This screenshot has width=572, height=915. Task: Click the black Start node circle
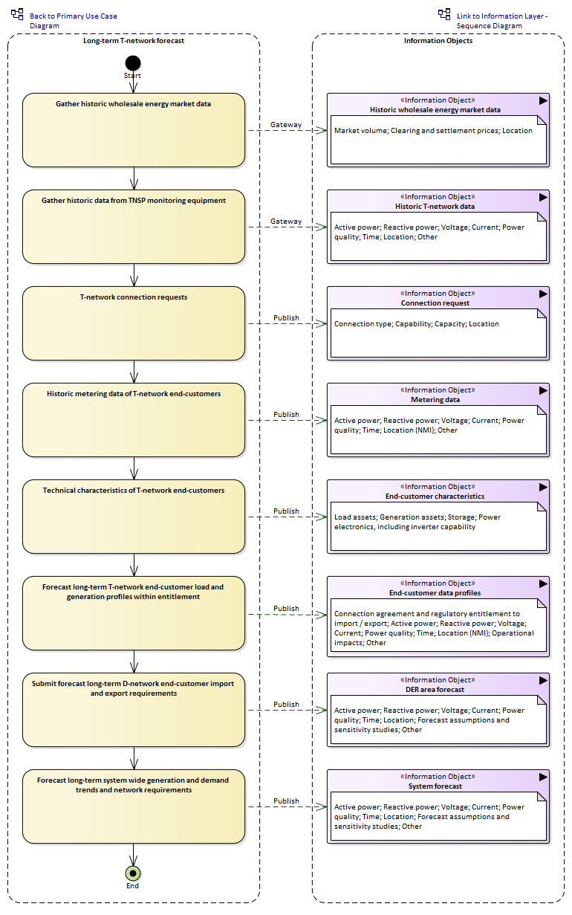pyautogui.click(x=133, y=63)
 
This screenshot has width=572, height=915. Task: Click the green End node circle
pyautogui.click(x=133, y=873)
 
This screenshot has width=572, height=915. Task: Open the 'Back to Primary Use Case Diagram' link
pyautogui.click(x=73, y=21)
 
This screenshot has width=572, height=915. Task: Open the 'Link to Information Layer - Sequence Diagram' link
pyautogui.click(x=501, y=21)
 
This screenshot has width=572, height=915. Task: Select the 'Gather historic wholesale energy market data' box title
pyautogui.click(x=133, y=104)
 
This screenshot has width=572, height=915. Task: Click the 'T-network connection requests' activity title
pyautogui.click(x=134, y=297)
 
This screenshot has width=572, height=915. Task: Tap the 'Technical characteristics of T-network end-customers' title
pyautogui.click(x=134, y=490)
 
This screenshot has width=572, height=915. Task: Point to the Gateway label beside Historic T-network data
pyautogui.click(x=286, y=222)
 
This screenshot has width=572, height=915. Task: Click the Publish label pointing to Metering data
pyautogui.click(x=286, y=415)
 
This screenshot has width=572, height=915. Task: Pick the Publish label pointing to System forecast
pyautogui.click(x=286, y=801)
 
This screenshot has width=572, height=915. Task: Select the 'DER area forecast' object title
pyautogui.click(x=435, y=690)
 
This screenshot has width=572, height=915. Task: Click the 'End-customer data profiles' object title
pyautogui.click(x=435, y=592)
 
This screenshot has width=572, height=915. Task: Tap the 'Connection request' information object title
pyautogui.click(x=435, y=303)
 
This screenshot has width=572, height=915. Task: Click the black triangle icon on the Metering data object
pyautogui.click(x=543, y=390)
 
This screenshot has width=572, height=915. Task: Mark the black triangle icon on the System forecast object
pyautogui.click(x=543, y=777)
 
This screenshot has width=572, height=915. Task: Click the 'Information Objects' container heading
pyautogui.click(x=438, y=40)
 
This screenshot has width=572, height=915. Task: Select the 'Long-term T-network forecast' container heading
pyautogui.click(x=134, y=40)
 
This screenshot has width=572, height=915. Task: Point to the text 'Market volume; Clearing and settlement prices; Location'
pyautogui.click(x=433, y=131)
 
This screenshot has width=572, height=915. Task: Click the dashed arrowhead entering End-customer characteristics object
pyautogui.click(x=322, y=517)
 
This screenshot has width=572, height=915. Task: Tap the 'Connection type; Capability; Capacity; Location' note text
pyautogui.click(x=417, y=324)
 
